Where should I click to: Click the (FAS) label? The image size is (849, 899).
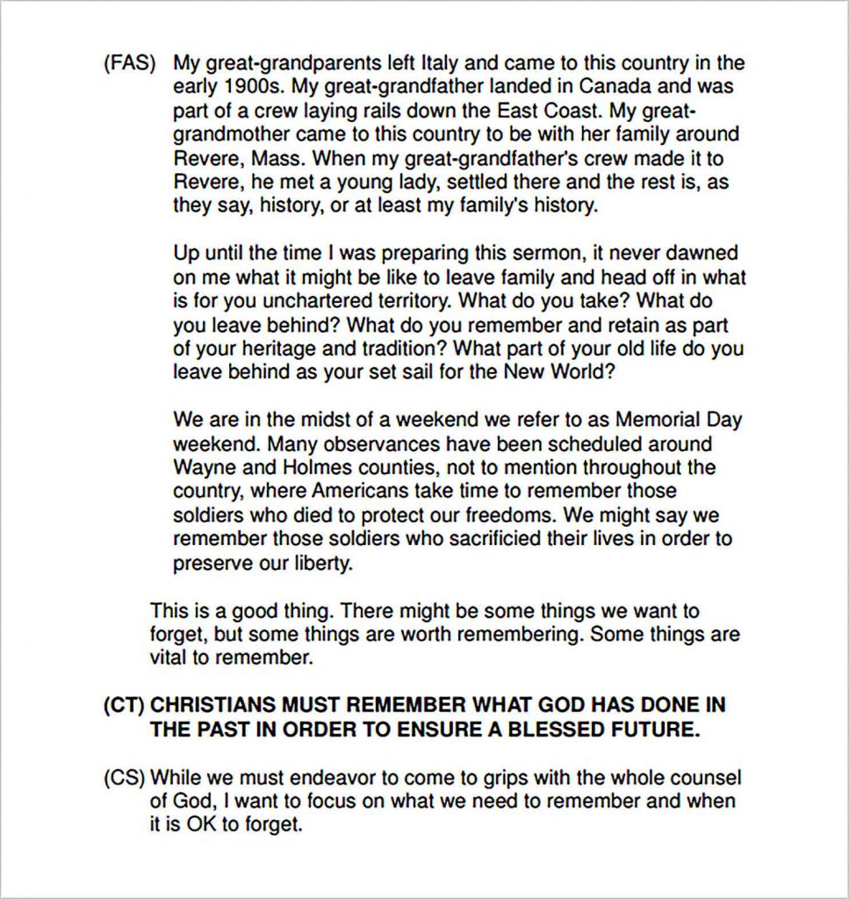130,64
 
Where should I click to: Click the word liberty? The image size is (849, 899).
320,563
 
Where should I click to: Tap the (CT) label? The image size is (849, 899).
124,706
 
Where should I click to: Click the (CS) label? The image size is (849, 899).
124,778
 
